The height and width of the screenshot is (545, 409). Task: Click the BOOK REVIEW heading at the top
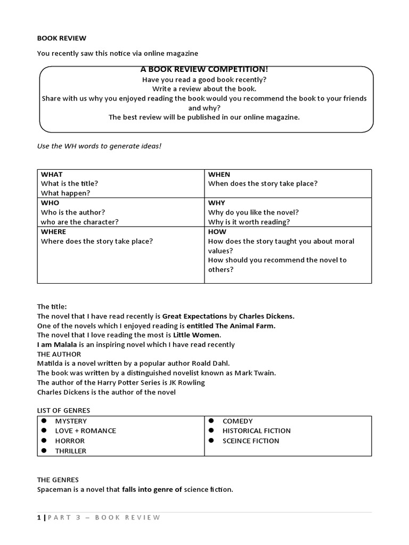(61, 38)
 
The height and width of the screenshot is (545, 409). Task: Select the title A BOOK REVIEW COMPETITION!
(204, 70)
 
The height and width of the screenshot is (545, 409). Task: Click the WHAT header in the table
(52, 175)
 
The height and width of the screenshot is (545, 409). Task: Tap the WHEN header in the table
(219, 175)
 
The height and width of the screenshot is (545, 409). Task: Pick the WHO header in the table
(50, 203)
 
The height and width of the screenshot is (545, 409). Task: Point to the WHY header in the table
(216, 203)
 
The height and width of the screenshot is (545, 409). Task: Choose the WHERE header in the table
(54, 232)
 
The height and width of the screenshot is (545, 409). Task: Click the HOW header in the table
(217, 232)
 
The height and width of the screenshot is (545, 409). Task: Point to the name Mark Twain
(258, 373)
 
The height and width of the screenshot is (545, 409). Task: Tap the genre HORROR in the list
(70, 441)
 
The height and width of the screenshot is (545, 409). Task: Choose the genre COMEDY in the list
(238, 421)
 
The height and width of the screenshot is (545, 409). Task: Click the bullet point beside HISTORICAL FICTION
(211, 431)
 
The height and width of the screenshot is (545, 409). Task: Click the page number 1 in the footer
(38, 518)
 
